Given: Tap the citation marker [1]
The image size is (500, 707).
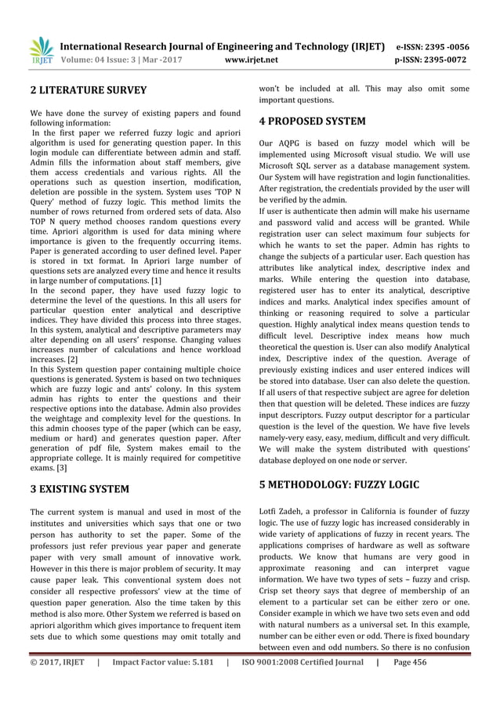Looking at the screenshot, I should [158, 280].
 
